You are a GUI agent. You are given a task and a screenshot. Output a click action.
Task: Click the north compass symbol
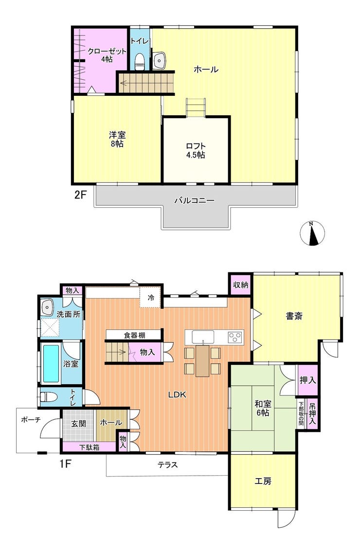(312, 233)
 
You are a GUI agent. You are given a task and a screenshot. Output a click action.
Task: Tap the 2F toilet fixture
(140, 61)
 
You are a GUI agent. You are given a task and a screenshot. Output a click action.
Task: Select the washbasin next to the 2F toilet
(160, 60)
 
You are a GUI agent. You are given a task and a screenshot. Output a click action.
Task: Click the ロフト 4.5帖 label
(196, 150)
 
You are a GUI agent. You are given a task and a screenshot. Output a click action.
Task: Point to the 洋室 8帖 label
(117, 139)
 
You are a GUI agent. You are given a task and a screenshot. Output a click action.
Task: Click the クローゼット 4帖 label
(107, 55)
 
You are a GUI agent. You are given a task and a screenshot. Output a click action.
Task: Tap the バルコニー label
(194, 201)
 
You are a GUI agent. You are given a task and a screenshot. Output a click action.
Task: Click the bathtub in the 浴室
(51, 364)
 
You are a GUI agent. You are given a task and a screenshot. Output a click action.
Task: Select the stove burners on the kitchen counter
(235, 337)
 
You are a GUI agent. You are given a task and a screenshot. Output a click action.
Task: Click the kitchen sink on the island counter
(203, 337)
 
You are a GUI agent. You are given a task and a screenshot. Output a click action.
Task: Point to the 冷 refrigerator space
(150, 298)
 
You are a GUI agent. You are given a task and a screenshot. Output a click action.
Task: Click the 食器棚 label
(134, 335)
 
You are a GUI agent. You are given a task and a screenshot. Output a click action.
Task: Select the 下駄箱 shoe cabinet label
(89, 447)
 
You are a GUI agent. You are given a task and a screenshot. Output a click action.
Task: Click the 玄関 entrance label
(79, 423)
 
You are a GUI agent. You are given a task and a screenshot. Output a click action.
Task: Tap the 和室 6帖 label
(262, 408)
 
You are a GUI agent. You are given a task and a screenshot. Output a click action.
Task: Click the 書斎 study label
(294, 316)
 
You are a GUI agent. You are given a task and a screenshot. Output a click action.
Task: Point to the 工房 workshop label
(263, 481)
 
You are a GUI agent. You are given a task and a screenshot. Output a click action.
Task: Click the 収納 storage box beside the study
(241, 285)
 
